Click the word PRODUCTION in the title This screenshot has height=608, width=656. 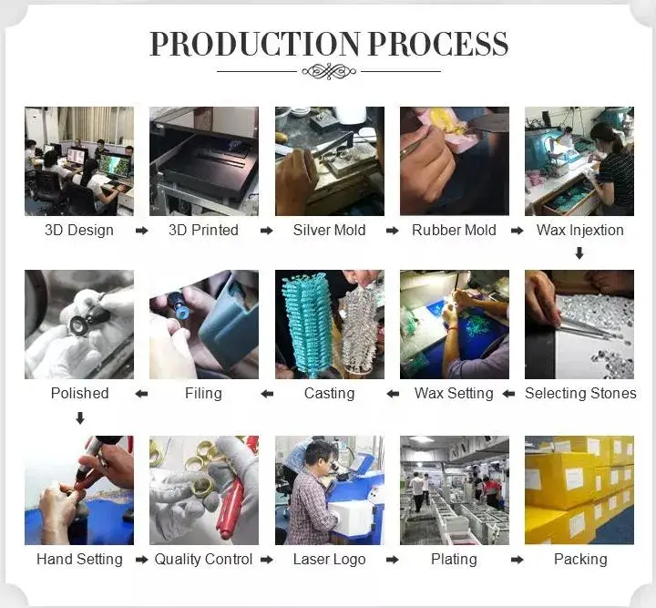[255, 44]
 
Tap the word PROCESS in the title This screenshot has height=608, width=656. [438, 44]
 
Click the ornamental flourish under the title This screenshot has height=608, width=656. [329, 71]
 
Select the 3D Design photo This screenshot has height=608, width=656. [79, 161]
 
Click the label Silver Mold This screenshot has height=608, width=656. [329, 230]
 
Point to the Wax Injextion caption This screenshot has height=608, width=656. [579, 230]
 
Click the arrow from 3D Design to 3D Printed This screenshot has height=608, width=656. [142, 231]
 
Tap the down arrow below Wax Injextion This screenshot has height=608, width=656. [579, 253]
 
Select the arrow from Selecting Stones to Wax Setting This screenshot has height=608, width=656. [508, 394]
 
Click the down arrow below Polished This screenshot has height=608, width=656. [80, 417]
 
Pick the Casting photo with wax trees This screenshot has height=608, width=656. [330, 325]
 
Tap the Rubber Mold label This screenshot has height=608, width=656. [454, 230]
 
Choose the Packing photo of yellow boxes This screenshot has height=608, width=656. [579, 490]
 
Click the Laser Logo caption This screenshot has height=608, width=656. [329, 560]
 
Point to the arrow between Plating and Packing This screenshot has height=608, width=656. [518, 560]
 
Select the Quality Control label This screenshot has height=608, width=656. [203, 560]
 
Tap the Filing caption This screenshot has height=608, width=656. [203, 394]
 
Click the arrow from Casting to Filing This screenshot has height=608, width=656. [267, 394]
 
